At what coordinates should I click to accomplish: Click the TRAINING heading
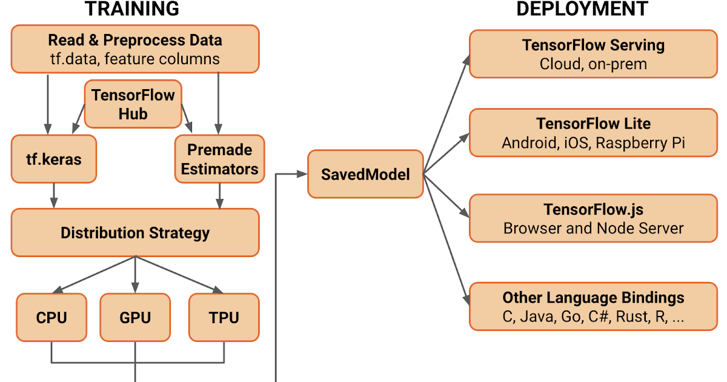coord(131,9)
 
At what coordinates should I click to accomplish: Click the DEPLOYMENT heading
coord(582,9)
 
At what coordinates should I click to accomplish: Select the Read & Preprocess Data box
coord(135,49)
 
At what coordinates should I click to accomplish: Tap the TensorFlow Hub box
coord(133,104)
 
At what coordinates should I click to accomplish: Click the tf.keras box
coord(54,159)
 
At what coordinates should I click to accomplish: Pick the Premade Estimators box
coord(219,159)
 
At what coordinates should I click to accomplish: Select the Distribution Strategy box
coord(135,233)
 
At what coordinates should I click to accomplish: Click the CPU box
coord(51,317)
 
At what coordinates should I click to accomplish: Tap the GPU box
coord(135,317)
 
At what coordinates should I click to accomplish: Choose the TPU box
coord(224,317)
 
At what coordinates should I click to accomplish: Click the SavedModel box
coord(365,175)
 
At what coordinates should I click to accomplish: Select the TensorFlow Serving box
coord(593,55)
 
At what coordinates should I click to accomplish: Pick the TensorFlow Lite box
coord(593,133)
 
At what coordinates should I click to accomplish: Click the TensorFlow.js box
coord(593,219)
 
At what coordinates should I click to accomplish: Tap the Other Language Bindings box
coord(593,307)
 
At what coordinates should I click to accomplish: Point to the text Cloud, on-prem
coord(593,64)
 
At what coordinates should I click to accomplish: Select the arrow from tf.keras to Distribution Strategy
coord(54,196)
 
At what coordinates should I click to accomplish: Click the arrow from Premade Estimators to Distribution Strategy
coord(219,196)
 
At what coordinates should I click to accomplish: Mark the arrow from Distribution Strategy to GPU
coord(135,275)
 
